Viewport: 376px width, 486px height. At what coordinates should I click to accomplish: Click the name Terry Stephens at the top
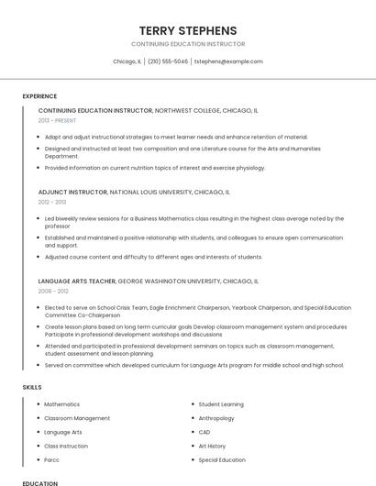click(x=187, y=30)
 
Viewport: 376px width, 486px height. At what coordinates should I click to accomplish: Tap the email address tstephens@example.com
click(x=228, y=61)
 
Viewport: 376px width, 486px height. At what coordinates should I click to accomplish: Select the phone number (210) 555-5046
click(x=167, y=61)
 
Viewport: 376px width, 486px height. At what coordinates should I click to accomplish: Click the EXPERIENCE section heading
click(x=39, y=96)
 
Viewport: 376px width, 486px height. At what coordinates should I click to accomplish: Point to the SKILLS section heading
click(x=32, y=387)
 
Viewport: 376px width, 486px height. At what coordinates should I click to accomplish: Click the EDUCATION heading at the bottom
click(x=39, y=482)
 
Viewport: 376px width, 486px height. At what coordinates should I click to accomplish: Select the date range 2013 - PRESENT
click(x=57, y=120)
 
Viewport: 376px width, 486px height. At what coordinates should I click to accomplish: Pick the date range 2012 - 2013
click(x=52, y=202)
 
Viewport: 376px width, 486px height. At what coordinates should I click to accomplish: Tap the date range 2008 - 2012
click(x=52, y=291)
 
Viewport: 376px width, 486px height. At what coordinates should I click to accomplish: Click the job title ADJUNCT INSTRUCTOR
click(x=72, y=193)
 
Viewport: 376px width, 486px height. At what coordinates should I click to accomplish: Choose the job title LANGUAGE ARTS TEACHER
click(x=77, y=282)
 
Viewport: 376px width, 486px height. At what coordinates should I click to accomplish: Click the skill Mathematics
click(x=61, y=404)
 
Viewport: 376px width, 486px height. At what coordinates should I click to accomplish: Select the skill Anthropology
click(x=216, y=418)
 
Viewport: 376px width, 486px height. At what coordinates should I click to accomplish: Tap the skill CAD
click(x=205, y=432)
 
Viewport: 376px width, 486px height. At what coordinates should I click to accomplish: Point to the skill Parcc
click(x=52, y=459)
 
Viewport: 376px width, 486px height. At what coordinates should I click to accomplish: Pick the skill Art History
click(x=212, y=446)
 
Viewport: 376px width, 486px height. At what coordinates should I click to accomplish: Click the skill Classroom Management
click(x=77, y=418)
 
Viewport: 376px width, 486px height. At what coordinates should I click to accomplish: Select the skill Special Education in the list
click(x=222, y=459)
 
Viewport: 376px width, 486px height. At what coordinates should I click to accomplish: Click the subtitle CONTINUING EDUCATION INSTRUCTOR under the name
click(x=187, y=44)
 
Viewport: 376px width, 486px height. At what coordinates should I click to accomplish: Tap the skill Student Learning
click(x=221, y=404)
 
